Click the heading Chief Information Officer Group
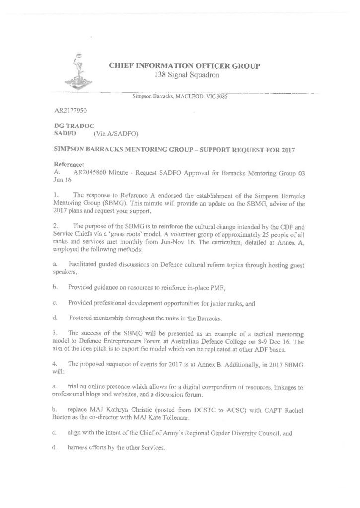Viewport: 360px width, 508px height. point(184,66)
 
